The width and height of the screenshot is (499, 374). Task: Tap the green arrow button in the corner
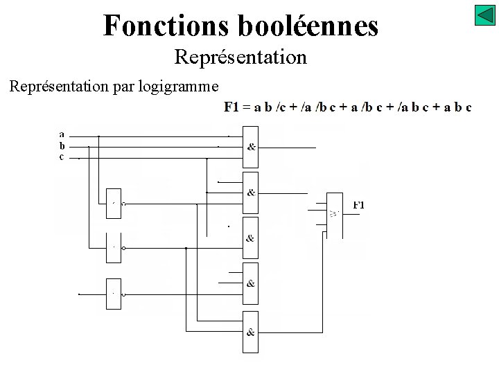click(x=484, y=15)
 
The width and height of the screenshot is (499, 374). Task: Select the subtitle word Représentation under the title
click(x=240, y=57)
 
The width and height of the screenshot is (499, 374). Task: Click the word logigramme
click(x=183, y=87)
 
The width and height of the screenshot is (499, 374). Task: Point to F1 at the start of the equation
click(x=231, y=107)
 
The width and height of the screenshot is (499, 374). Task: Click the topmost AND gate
click(x=250, y=147)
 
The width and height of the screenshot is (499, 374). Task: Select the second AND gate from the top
click(x=250, y=193)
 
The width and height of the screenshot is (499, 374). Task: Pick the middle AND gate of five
click(x=250, y=238)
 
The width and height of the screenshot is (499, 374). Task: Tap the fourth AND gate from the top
click(x=250, y=283)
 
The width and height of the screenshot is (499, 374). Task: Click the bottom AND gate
click(x=250, y=332)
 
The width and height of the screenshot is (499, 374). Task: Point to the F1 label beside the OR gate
click(x=358, y=205)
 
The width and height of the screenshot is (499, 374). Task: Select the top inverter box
click(x=114, y=204)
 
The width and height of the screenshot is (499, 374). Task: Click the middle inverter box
click(x=114, y=247)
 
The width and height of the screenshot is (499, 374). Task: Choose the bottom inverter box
click(x=114, y=294)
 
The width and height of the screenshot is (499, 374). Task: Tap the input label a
click(x=62, y=134)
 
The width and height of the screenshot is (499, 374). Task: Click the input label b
click(x=62, y=145)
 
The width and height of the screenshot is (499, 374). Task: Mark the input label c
click(x=62, y=157)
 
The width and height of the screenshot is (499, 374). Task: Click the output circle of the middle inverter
click(x=123, y=248)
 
